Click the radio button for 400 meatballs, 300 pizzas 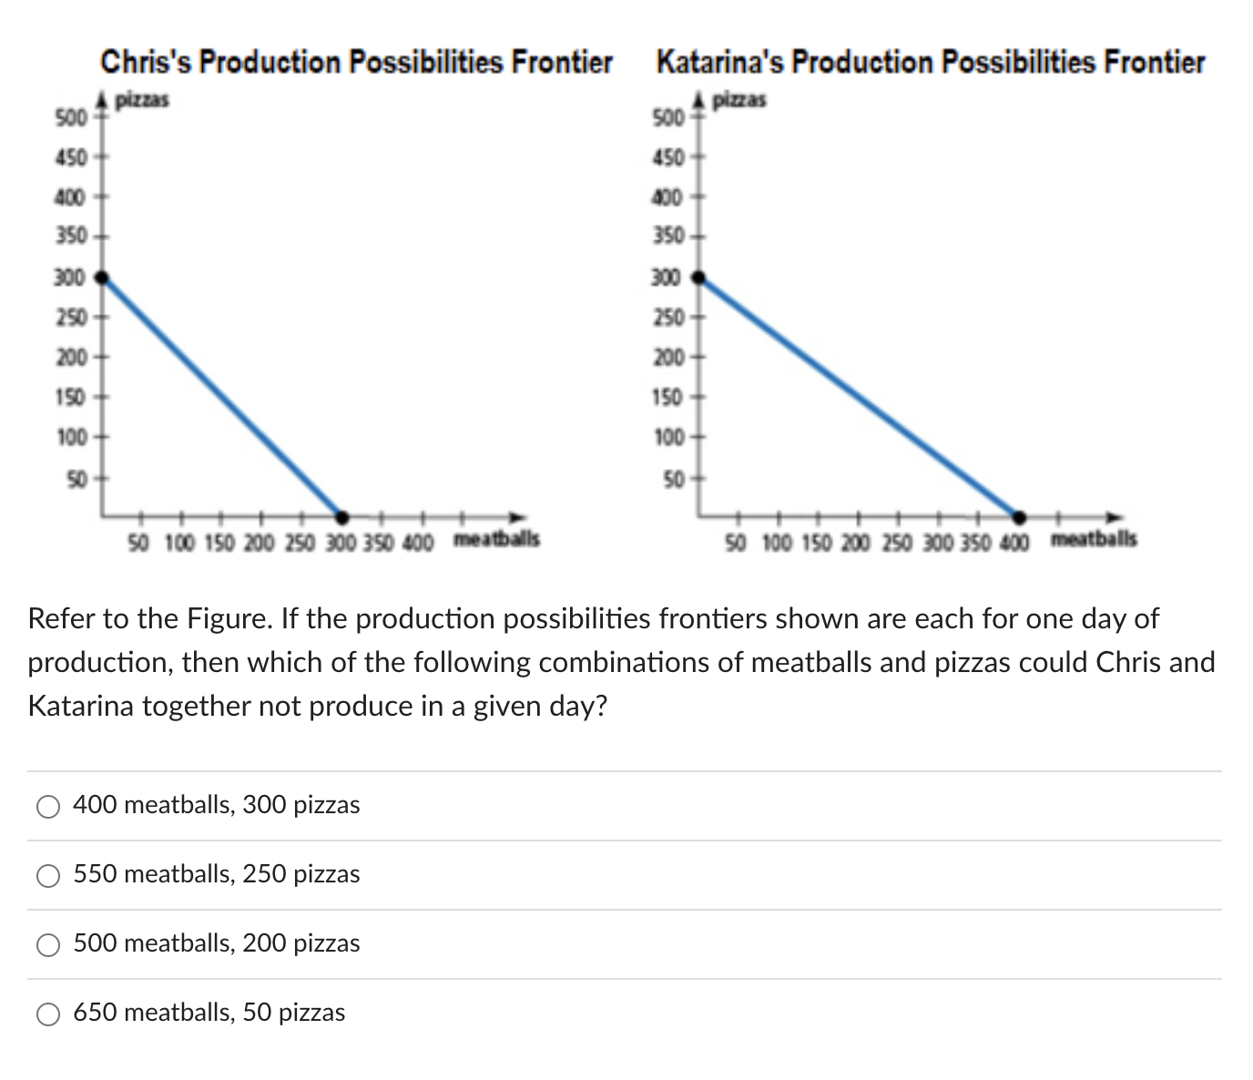pyautogui.click(x=48, y=806)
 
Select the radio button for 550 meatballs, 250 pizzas pyautogui.click(x=48, y=875)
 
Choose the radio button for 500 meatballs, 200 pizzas pyautogui.click(x=48, y=944)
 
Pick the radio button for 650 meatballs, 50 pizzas pyautogui.click(x=48, y=1014)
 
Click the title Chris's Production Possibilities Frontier pyautogui.click(x=356, y=63)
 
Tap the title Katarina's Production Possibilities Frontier pyautogui.click(x=930, y=63)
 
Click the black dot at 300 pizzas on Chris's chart pyautogui.click(x=103, y=277)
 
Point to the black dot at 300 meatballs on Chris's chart pyautogui.click(x=341, y=516)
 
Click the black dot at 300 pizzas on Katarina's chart pyautogui.click(x=698, y=277)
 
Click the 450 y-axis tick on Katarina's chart pyautogui.click(x=668, y=158)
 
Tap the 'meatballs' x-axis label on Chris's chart pyautogui.click(x=496, y=539)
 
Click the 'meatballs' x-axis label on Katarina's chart pyautogui.click(x=1094, y=539)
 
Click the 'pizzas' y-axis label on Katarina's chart pyautogui.click(x=740, y=99)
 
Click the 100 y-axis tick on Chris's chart pyautogui.click(x=70, y=437)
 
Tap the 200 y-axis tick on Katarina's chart pyautogui.click(x=668, y=357)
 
